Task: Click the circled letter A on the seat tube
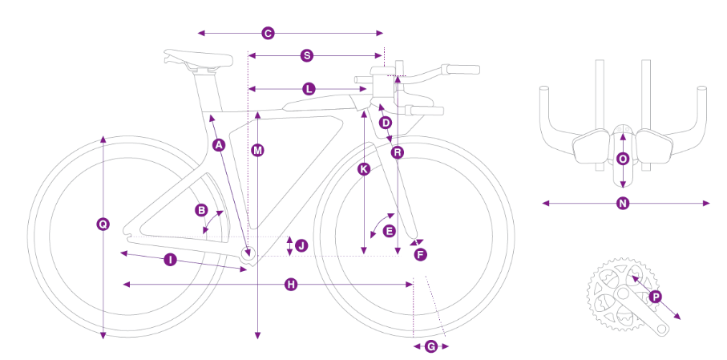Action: pyautogui.click(x=218, y=144)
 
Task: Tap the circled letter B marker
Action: pyautogui.click(x=202, y=210)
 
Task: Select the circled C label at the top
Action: pyautogui.click(x=268, y=33)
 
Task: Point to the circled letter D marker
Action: pyautogui.click(x=386, y=123)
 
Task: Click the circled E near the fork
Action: pyautogui.click(x=390, y=230)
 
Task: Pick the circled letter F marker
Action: pyautogui.click(x=420, y=254)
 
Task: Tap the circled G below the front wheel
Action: pyautogui.click(x=430, y=346)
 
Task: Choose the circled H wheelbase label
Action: pyautogui.click(x=291, y=284)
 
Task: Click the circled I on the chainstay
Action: pyautogui.click(x=170, y=259)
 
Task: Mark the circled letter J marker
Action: pyautogui.click(x=301, y=245)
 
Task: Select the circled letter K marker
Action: pyautogui.click(x=364, y=169)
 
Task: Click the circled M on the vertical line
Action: pyautogui.click(x=257, y=150)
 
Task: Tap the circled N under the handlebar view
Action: pyautogui.click(x=623, y=204)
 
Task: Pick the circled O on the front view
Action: pyautogui.click(x=623, y=159)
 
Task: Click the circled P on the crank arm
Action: pyautogui.click(x=656, y=297)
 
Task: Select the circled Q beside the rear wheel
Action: pyautogui.click(x=103, y=224)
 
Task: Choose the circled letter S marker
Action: pyautogui.click(x=306, y=55)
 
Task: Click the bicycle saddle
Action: pyautogui.click(x=197, y=58)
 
